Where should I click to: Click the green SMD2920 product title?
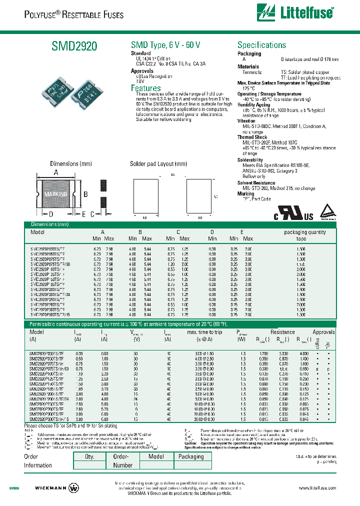[x=74, y=46]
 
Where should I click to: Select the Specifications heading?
[x=261, y=45]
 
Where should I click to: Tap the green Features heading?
[x=146, y=88]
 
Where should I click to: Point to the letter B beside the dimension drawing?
[x=86, y=194]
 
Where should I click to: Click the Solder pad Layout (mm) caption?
[x=158, y=164]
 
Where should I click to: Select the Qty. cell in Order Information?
[x=89, y=456]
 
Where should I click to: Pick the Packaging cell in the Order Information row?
[x=191, y=456]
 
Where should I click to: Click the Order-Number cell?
[x=123, y=460]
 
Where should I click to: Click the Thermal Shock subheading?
[x=252, y=137]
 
